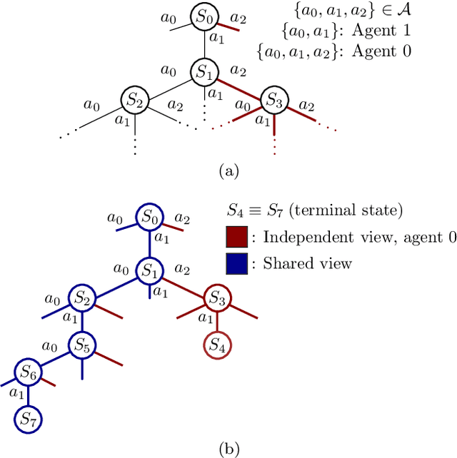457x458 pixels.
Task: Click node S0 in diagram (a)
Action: click(204, 16)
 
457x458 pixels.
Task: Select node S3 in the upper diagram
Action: click(275, 101)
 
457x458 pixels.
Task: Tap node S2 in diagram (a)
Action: click(134, 101)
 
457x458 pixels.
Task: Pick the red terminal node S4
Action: click(217, 347)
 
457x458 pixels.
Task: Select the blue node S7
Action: click(29, 418)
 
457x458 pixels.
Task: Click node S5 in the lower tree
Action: click(81, 347)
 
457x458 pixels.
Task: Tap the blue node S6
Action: click(29, 372)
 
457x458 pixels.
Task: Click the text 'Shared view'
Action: click(308, 264)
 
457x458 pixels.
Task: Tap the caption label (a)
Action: click(228, 171)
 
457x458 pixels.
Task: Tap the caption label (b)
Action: click(228, 449)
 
